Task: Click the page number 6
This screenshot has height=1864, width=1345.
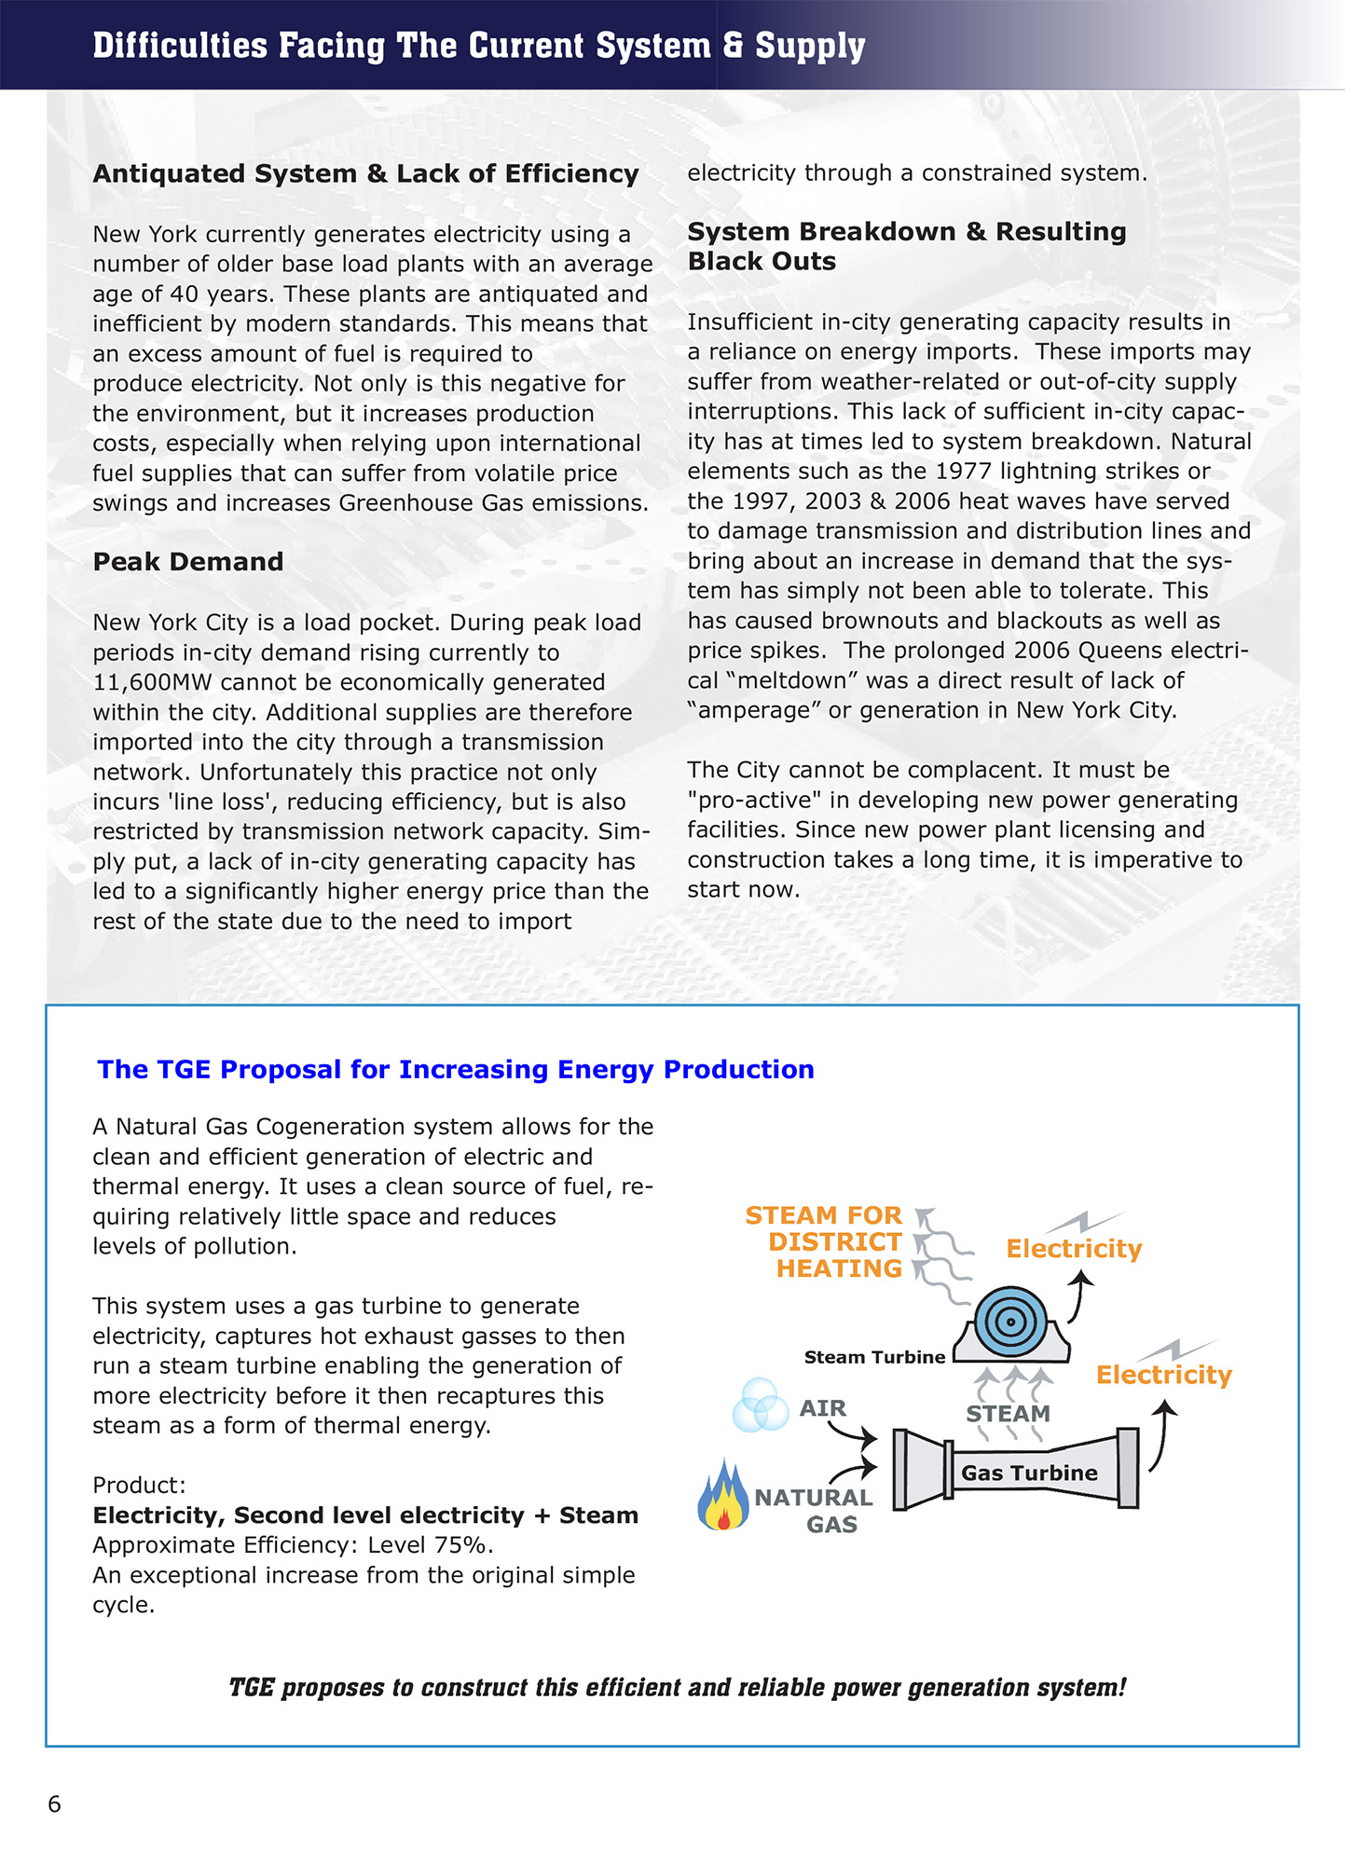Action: coord(54,1803)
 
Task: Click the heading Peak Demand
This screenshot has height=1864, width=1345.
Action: coord(187,562)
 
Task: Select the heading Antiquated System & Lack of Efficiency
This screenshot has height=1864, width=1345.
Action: coord(365,174)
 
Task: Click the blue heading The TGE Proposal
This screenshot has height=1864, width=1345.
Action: coord(455,1069)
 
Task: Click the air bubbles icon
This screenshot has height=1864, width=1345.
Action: coord(761,1405)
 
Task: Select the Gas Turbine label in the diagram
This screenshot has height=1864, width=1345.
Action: coord(1029,1473)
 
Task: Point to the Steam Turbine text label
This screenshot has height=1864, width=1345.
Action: coord(874,1357)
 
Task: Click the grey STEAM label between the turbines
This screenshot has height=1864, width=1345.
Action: coord(1008,1413)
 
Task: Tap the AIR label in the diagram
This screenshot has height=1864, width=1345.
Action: coord(822,1407)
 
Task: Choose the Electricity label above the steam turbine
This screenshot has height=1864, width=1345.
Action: coord(1074,1249)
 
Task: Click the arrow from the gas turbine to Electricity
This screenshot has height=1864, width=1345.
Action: coord(1161,1435)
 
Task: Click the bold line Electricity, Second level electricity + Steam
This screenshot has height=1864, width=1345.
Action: coord(365,1515)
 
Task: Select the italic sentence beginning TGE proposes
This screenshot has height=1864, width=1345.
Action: coord(677,1688)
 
